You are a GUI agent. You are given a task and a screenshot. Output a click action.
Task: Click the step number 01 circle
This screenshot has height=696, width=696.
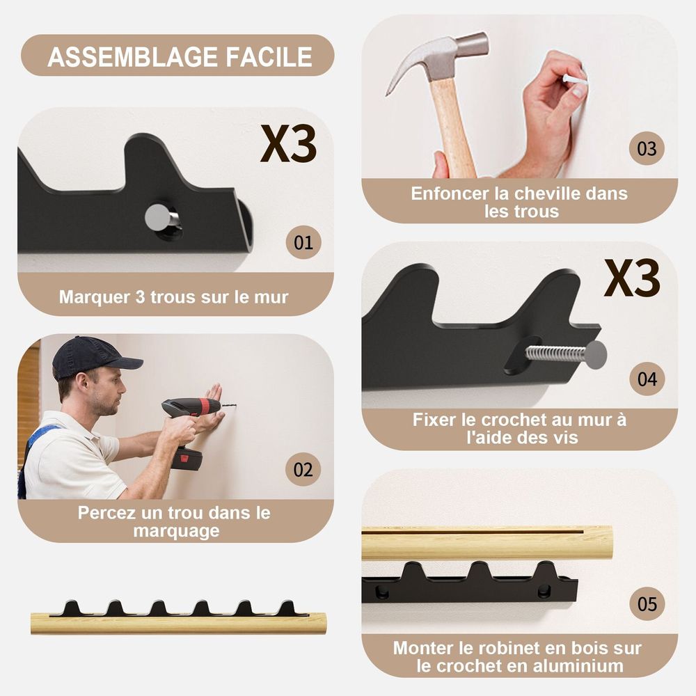click(303, 242)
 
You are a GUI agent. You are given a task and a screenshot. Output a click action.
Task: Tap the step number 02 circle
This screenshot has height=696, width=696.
click(303, 469)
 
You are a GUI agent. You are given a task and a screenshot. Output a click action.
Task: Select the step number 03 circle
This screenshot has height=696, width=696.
click(647, 148)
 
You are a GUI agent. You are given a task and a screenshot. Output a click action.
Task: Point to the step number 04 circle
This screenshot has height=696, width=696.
click(647, 379)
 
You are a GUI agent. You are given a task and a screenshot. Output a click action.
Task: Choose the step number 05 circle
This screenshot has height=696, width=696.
click(647, 603)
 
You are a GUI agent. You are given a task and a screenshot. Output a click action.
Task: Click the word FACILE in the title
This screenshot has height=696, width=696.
click(269, 57)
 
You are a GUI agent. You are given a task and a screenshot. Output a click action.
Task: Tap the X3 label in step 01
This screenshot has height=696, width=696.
click(288, 143)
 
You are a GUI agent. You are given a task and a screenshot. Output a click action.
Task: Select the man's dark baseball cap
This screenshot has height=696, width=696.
click(92, 356)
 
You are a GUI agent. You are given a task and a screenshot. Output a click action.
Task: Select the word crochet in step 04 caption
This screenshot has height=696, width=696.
click(514, 420)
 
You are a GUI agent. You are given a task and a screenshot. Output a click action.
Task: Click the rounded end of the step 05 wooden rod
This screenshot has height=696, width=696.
click(606, 542)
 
